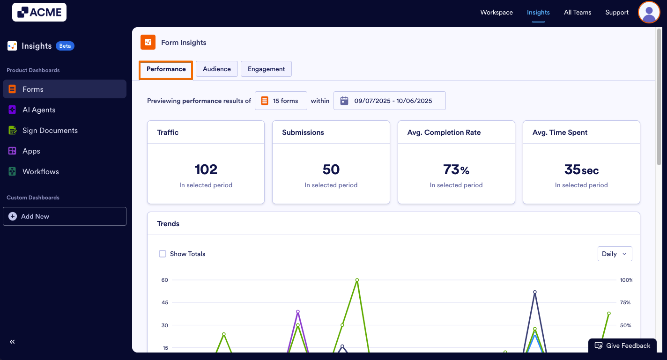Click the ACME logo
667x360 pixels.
click(x=39, y=12)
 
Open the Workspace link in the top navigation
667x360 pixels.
click(x=497, y=12)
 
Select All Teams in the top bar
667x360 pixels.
click(x=577, y=12)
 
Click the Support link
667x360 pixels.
click(x=616, y=12)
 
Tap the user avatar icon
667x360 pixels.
click(x=649, y=12)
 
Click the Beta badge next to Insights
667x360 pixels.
click(x=65, y=46)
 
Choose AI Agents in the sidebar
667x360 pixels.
click(x=39, y=110)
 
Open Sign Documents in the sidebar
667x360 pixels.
click(x=50, y=130)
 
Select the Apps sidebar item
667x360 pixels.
click(x=31, y=151)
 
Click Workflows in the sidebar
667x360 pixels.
click(x=40, y=171)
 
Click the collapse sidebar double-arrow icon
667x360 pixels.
click(x=12, y=342)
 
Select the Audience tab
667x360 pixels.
click(x=216, y=69)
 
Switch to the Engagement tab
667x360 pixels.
click(x=266, y=69)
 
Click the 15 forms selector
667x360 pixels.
click(x=281, y=101)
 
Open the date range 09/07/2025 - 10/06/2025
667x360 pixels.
click(x=389, y=101)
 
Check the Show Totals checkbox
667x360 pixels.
click(x=163, y=254)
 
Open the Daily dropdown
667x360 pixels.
click(x=615, y=254)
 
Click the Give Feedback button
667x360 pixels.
click(x=623, y=345)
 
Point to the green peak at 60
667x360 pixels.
click(x=357, y=280)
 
